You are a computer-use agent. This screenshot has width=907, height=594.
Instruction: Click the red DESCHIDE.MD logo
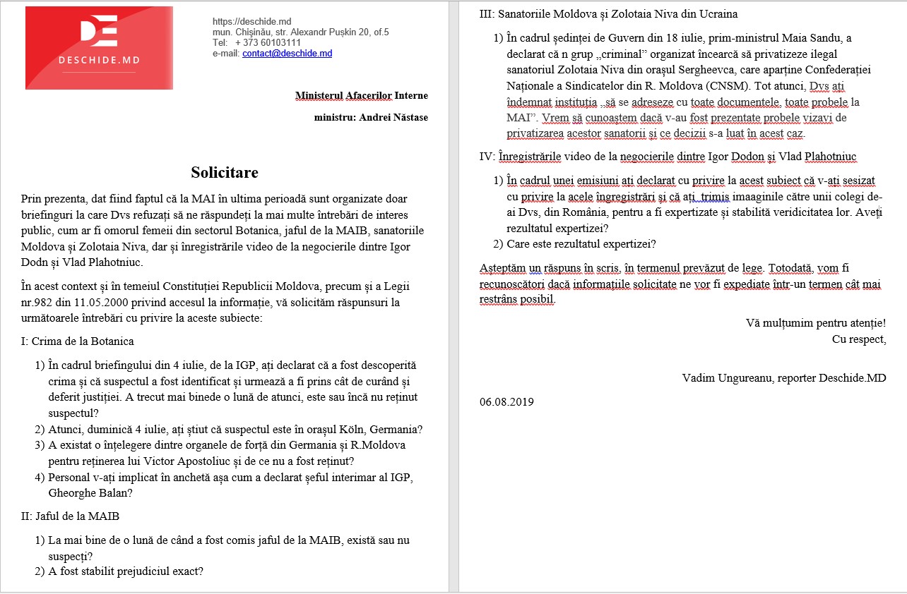[x=99, y=47]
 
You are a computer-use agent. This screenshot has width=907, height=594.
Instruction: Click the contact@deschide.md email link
[x=287, y=54]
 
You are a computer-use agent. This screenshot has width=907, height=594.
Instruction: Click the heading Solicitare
[x=225, y=173]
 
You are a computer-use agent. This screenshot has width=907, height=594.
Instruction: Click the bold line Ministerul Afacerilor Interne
[x=361, y=95]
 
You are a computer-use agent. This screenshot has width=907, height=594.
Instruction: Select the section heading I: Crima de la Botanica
[x=78, y=341]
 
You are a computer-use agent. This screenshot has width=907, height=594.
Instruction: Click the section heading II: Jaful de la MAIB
[x=70, y=516]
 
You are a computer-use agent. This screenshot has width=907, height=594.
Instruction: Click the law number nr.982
[x=38, y=303]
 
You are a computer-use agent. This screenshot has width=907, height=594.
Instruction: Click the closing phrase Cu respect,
[x=859, y=339]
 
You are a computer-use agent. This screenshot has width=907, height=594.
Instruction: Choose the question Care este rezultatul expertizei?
[x=581, y=245]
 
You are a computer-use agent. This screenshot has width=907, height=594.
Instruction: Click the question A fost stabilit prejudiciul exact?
[x=126, y=571]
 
